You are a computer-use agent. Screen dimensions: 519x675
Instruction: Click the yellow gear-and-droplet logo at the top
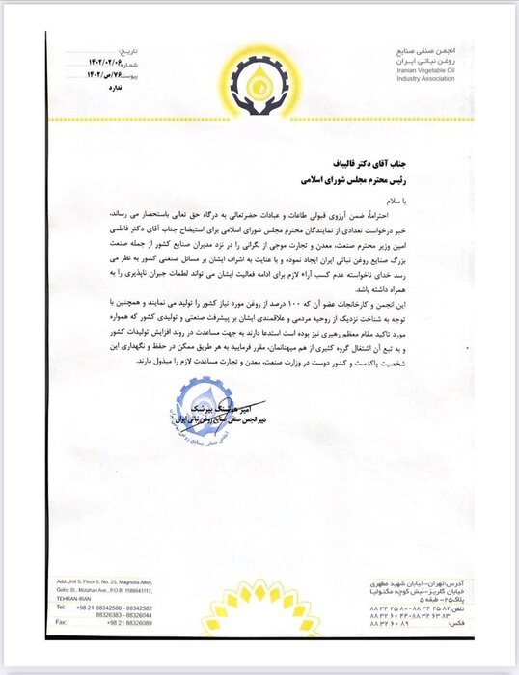pyautogui.click(x=260, y=83)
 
